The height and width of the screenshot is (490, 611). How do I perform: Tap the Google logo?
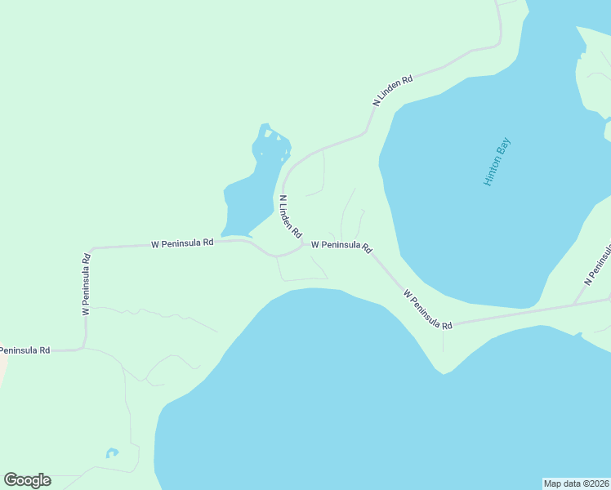[27, 480]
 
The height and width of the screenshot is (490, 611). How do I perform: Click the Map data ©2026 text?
[576, 483]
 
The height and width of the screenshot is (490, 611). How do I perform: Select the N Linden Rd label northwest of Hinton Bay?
[393, 91]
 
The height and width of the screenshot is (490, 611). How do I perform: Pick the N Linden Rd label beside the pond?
[291, 216]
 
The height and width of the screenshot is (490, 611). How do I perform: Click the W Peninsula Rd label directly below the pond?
[182, 243]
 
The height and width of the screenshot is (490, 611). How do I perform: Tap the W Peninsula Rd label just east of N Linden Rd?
[341, 245]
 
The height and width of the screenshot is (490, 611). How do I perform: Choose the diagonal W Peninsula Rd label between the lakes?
[427, 309]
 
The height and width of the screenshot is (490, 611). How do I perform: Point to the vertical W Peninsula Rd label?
[86, 283]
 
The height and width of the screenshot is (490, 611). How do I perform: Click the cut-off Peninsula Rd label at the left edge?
[25, 350]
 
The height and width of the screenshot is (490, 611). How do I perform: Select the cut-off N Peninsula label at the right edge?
[598, 264]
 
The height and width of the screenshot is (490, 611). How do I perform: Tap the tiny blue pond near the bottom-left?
[112, 452]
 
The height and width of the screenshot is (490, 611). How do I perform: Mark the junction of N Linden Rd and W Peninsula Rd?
[302, 243]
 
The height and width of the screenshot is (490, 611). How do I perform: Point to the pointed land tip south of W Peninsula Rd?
[443, 372]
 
